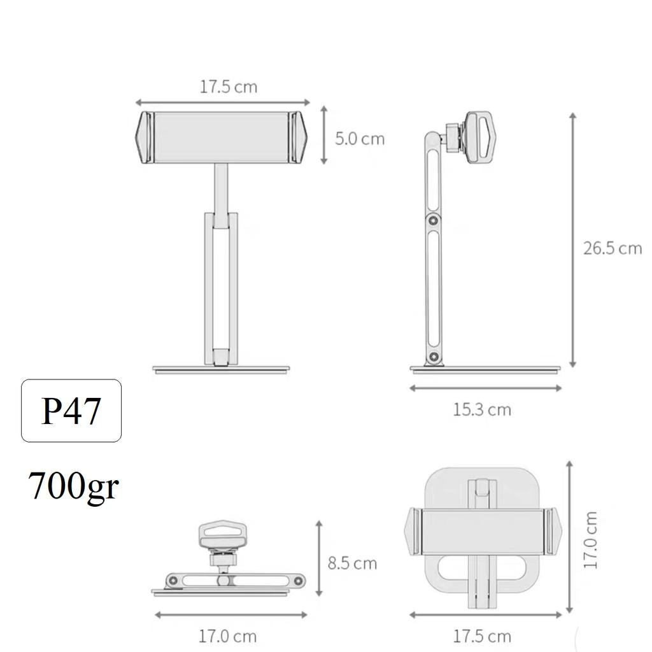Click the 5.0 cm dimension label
coord(360,139)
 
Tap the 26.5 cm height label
coord(613,248)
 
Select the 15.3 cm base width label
coord(482,409)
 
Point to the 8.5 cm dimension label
coord(352,563)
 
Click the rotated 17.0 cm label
coord(590,540)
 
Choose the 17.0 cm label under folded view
coord(227,636)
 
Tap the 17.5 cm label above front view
coord(229,87)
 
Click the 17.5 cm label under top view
coord(482,636)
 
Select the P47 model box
coord(71,411)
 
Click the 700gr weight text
coord(73,486)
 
